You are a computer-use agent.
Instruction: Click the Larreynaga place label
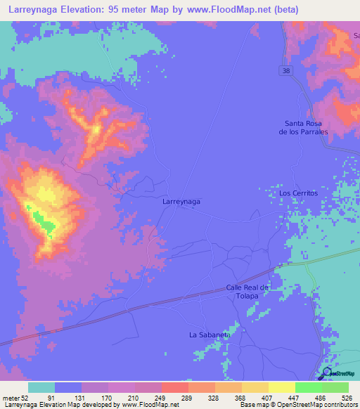click(181, 201)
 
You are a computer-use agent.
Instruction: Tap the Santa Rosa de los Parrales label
click(303, 127)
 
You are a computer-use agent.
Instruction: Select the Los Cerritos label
click(299, 193)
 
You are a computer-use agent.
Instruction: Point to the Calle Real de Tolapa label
click(247, 292)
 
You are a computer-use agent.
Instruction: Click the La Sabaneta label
click(210, 335)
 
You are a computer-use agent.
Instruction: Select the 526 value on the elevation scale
click(347, 397)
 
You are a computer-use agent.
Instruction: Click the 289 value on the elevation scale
click(187, 397)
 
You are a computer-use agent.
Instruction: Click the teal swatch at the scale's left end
click(41, 387)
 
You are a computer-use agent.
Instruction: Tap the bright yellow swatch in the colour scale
click(282, 387)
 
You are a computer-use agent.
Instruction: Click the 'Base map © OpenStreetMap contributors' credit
click(297, 405)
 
